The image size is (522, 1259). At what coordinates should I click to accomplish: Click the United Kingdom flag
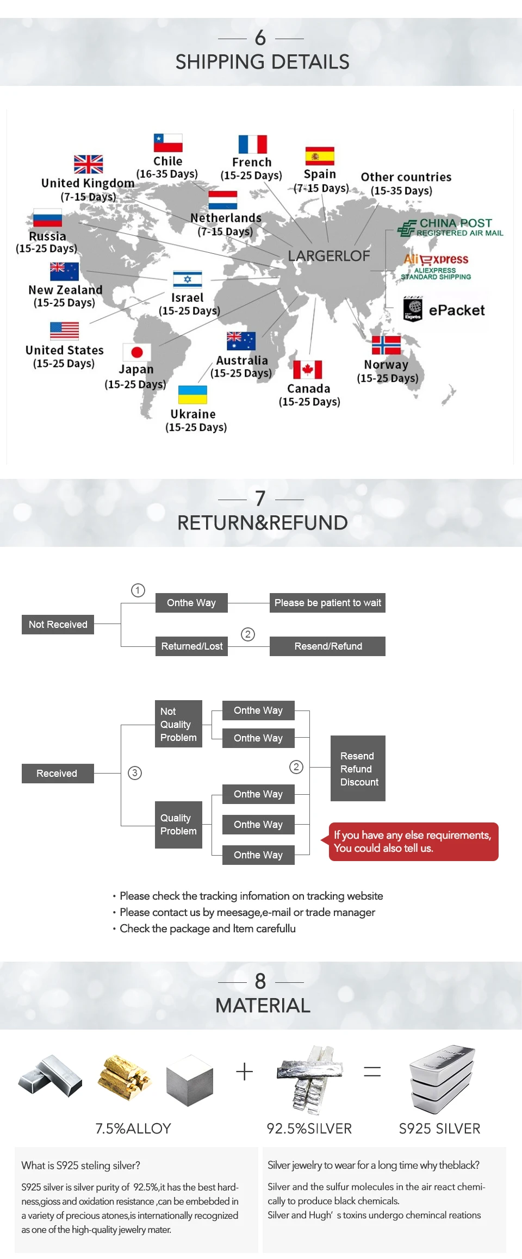point(89,164)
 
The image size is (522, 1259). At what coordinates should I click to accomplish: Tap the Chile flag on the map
point(167,143)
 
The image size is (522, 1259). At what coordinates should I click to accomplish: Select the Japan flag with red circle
point(137,352)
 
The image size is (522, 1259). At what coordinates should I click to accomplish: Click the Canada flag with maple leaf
point(308,370)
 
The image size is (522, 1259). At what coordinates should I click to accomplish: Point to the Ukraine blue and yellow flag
point(193,395)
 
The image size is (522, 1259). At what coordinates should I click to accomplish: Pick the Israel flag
point(188,279)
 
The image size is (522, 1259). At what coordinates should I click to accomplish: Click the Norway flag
point(386,345)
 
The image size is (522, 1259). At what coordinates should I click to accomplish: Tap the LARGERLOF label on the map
point(329,256)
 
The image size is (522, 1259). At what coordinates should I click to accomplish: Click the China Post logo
point(451,227)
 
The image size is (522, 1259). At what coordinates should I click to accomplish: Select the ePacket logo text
point(456,310)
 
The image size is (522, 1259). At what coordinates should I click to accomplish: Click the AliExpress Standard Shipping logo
point(436,266)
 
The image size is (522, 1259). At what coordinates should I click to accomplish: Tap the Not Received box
point(58,625)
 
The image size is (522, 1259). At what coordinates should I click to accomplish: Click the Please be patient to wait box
point(327,603)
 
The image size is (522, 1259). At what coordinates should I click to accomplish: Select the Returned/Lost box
point(191,646)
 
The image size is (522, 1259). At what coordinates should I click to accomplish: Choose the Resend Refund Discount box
point(358,769)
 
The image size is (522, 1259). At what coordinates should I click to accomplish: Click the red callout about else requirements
point(413,842)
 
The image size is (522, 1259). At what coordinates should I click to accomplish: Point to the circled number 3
point(135,773)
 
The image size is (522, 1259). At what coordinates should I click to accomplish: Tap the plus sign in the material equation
point(245,1071)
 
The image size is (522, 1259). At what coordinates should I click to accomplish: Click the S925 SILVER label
point(439,1129)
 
